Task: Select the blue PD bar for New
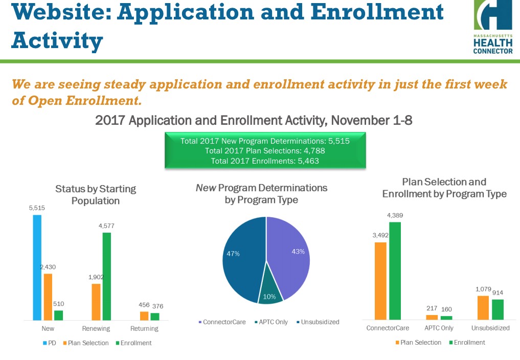37,267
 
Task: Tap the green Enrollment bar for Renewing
107,276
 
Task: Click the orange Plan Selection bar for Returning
144,316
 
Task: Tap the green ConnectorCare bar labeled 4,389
395,271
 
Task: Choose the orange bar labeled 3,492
380,281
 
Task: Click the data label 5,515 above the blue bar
37,209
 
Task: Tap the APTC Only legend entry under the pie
272,322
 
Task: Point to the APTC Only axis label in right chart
439,328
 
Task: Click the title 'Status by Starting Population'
96,194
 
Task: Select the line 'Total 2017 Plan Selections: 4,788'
265,151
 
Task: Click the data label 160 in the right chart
446,309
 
